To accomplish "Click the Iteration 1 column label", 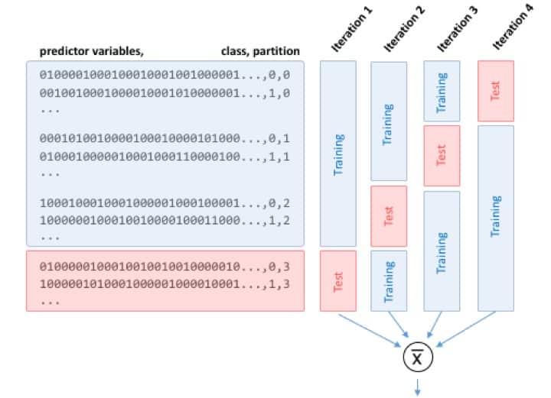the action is tap(351, 30).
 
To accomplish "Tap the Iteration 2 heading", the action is tap(404, 30).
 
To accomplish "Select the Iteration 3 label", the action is tap(457, 30).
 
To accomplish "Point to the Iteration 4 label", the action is tap(512, 28).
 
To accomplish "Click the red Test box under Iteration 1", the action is tap(338, 281).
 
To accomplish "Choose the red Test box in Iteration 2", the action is tap(389, 216).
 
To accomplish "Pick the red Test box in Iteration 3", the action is tap(442, 156).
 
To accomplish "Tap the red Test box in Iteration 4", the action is tap(496, 91).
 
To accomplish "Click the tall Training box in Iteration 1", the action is tap(338, 154).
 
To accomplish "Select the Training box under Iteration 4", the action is tap(496, 218).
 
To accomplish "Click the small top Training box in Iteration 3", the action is tap(442, 91).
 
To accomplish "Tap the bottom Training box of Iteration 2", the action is tap(389, 281).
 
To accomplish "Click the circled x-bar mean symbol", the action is tap(418, 358).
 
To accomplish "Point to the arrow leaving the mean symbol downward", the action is tap(418, 387).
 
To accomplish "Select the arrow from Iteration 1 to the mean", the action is tap(370, 331).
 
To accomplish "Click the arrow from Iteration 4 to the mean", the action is tap(466, 329).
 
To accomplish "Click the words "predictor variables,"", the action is tap(91, 51).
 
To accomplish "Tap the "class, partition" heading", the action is tap(260, 51).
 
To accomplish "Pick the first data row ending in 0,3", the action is tap(165, 267).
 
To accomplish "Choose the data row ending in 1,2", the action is tap(165, 221).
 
